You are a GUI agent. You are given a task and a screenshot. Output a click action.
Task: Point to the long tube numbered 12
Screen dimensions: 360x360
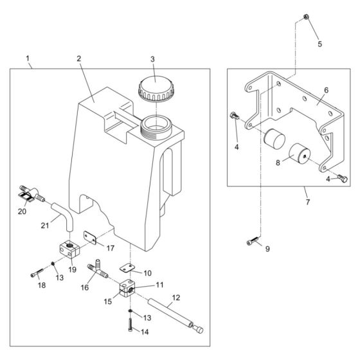(x=174, y=315)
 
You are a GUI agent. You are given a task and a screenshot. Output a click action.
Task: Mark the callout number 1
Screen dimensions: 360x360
(x=28, y=59)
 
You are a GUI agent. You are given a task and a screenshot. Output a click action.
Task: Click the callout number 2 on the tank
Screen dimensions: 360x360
(x=78, y=59)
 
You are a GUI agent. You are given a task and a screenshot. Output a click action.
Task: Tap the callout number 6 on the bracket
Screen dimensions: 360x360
(x=326, y=91)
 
